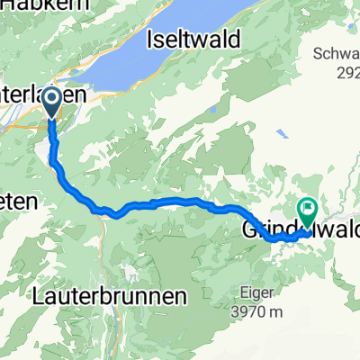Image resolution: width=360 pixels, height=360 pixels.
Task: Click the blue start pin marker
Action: point(50,102)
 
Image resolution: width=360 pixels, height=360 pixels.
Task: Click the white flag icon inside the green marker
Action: point(307,211)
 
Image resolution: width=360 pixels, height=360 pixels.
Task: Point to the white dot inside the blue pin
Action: point(50,99)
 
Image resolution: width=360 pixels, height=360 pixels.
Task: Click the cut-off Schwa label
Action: point(336,53)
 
